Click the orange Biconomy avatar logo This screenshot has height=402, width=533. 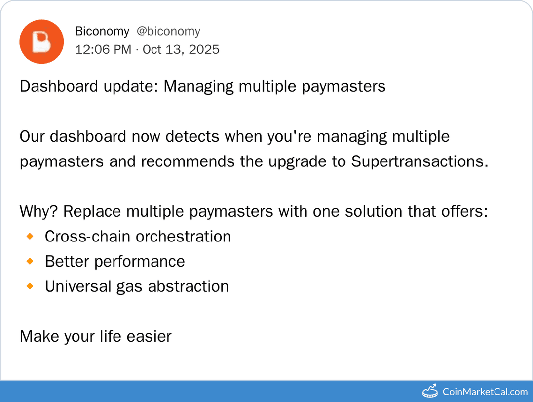tap(41, 42)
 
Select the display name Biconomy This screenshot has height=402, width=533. tap(102, 31)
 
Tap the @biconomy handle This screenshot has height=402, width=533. tap(168, 31)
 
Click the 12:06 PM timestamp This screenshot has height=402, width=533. tap(103, 50)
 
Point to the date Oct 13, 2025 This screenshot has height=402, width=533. tap(181, 50)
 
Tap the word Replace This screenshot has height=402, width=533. tap(92, 211)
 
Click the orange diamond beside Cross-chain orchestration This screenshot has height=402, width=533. tap(30, 237)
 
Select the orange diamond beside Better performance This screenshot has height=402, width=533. tap(30, 261)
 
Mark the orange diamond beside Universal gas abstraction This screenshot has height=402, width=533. tap(30, 286)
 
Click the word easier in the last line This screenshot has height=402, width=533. tap(149, 336)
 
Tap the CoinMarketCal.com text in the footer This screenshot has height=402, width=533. tap(485, 392)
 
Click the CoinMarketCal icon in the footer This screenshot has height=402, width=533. tap(430, 391)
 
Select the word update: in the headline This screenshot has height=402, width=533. tap(131, 86)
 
